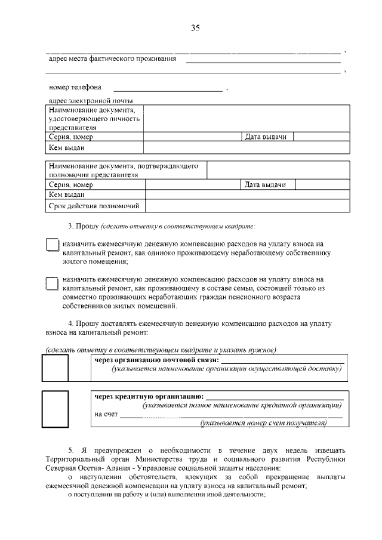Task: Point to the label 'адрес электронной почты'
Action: click(x=91, y=100)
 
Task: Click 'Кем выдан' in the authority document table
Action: click(x=67, y=195)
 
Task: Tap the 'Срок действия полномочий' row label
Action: click(x=94, y=206)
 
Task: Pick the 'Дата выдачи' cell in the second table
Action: click(x=266, y=185)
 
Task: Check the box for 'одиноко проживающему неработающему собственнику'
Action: click(x=53, y=246)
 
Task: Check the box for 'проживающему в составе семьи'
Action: click(x=53, y=283)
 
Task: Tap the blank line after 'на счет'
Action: click(x=230, y=415)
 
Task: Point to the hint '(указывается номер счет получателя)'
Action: click(x=263, y=423)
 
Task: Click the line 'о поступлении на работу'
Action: click(x=165, y=494)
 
